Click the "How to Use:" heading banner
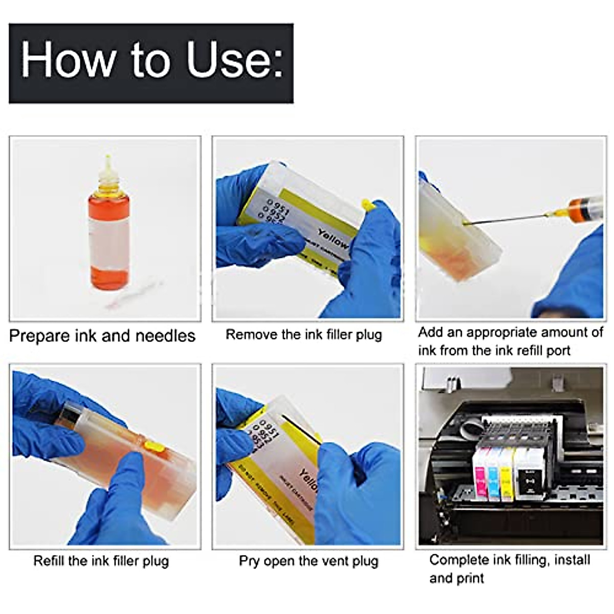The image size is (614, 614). click(x=151, y=63)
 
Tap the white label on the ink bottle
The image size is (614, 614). click(x=108, y=240)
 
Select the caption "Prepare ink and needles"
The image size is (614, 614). click(x=102, y=336)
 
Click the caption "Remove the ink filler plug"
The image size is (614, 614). click(x=304, y=335)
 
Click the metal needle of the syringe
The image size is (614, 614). click(x=507, y=219)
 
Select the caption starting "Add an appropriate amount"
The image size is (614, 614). click(x=510, y=341)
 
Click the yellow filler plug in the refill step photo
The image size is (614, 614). click(x=154, y=446)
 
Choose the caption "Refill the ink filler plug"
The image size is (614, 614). click(x=101, y=561)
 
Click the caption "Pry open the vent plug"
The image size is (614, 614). click(x=309, y=561)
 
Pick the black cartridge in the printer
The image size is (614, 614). click(x=528, y=473)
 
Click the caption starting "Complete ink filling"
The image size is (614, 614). click(x=509, y=568)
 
